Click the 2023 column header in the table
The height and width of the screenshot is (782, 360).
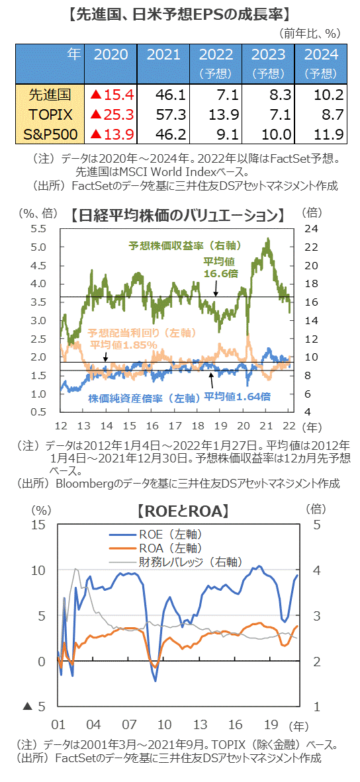pyautogui.click(x=267, y=55)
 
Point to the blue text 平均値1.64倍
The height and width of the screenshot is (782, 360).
pyautogui.click(x=236, y=396)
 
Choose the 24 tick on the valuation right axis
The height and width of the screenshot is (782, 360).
pyautogui.click(x=310, y=229)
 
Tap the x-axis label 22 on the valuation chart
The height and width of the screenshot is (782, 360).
pyautogui.click(x=289, y=424)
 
